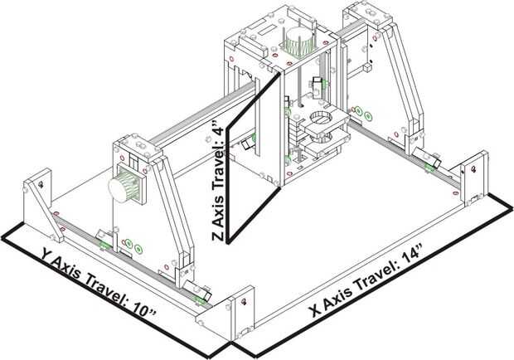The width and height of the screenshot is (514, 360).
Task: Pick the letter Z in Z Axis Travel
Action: tap(217, 236)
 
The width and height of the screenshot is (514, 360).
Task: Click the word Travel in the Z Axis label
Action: tap(217, 176)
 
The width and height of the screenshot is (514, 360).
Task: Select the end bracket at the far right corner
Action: tap(474, 176)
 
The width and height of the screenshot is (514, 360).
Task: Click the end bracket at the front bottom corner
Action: tap(240, 311)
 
